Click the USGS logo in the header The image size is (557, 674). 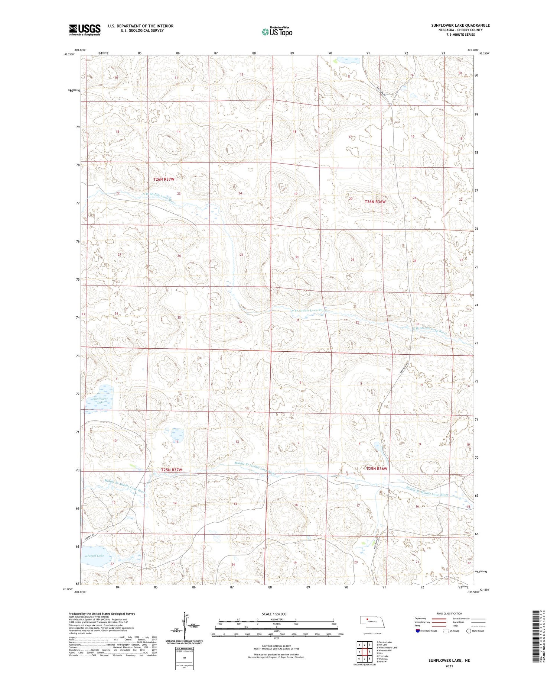tap(85, 30)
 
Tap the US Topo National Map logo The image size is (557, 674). tap(277, 32)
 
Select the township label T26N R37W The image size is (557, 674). tap(164, 180)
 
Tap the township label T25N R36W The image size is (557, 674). tap(377, 469)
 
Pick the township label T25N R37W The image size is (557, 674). tap(172, 470)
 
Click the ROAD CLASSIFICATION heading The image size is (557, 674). tap(449, 614)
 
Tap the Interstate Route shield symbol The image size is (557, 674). tap(417, 631)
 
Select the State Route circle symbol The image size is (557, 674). tap(469, 631)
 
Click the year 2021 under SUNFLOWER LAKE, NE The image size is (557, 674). tap(449, 667)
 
